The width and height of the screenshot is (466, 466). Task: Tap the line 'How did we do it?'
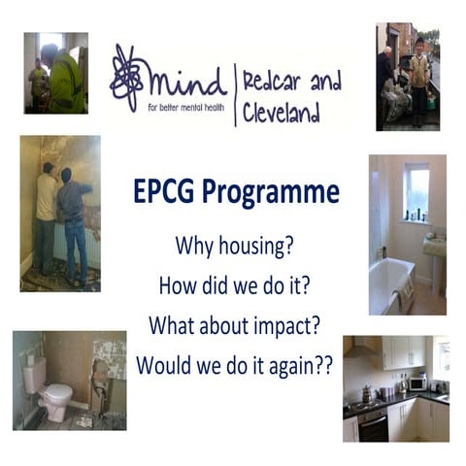[x=233, y=285]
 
